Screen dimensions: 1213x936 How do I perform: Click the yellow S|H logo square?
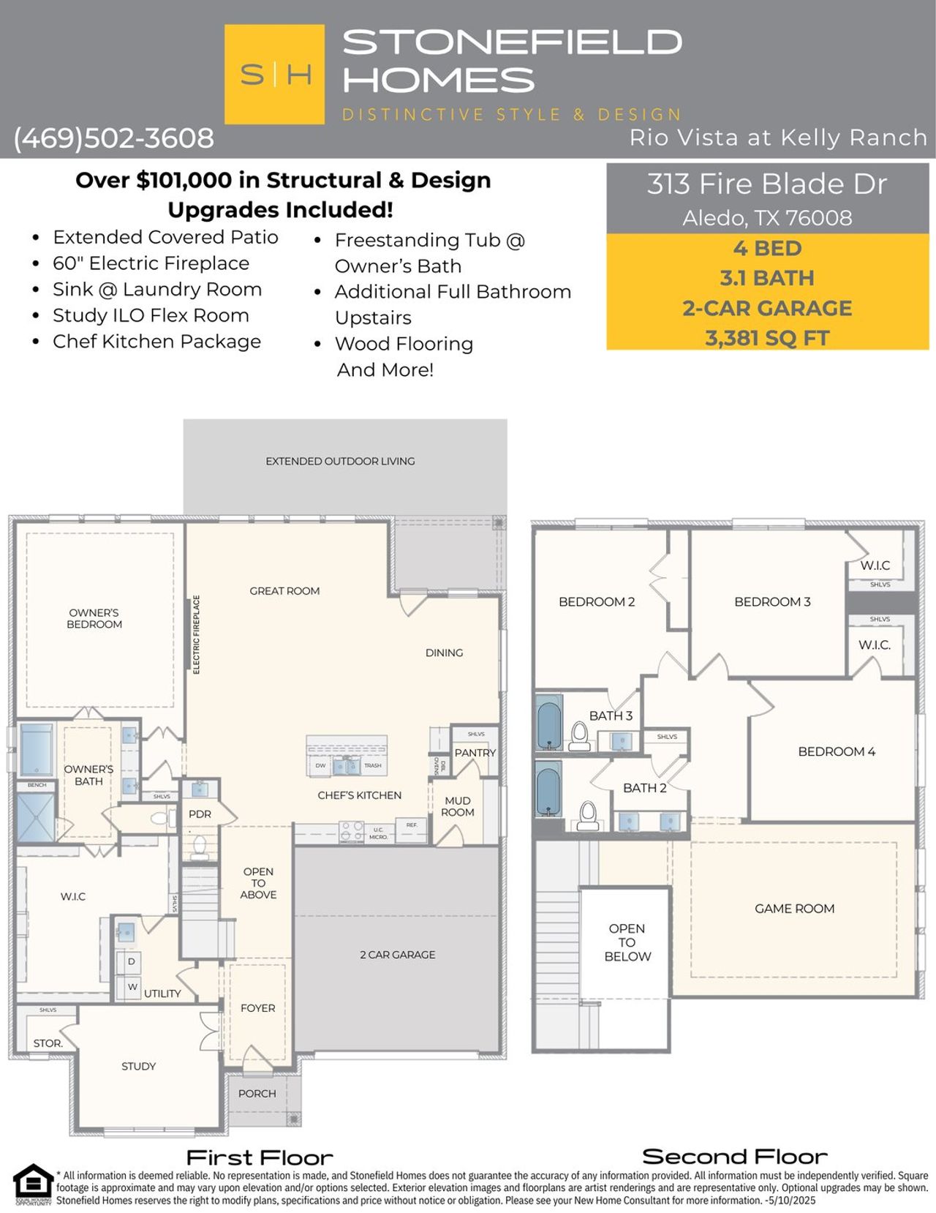[274, 74]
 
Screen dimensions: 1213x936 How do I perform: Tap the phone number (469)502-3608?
[113, 138]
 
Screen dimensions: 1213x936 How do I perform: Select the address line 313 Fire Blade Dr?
[766, 184]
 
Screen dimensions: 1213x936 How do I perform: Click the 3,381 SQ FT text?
[766, 338]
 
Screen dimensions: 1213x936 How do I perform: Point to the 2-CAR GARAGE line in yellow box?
[766, 308]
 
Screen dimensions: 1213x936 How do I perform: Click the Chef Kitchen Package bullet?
[156, 342]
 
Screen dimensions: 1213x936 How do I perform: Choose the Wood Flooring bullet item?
[404, 344]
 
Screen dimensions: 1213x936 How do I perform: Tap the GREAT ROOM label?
[284, 591]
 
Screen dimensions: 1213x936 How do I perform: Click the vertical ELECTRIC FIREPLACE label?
[196, 634]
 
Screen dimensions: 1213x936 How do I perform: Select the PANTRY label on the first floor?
[475, 753]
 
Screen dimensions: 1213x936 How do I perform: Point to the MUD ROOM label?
[458, 806]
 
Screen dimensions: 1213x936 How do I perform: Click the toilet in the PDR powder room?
[199, 846]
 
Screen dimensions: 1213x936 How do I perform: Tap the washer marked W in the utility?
[132, 987]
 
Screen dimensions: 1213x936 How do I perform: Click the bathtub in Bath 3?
[548, 722]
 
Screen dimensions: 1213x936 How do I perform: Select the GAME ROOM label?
[794, 909]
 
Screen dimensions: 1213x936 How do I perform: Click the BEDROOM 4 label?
[836, 751]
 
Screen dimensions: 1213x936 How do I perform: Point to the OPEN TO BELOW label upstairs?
[627, 942]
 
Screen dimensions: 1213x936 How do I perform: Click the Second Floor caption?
[734, 1157]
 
